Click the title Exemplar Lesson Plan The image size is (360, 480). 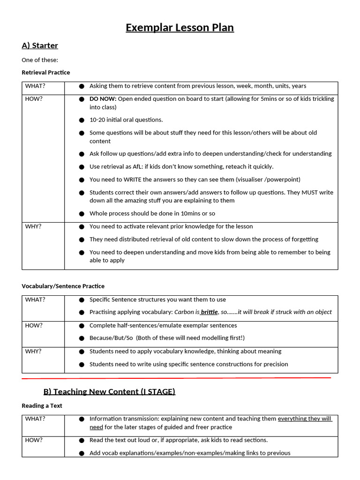pos(180,28)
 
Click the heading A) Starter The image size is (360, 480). pos(40,45)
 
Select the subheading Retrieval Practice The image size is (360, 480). pos(45,72)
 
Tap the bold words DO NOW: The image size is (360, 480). pos(103,99)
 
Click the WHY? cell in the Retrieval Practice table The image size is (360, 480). pos(33,226)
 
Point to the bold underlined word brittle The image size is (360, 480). pos(209,312)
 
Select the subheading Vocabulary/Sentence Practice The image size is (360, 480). pos(63,286)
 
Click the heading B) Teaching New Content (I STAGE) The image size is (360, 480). pos(109,391)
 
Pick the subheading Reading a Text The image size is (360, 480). pos(42,405)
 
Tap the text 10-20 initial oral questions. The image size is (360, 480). pos(126,120)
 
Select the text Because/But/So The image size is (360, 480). pos(111,338)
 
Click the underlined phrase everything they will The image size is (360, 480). pos(305,419)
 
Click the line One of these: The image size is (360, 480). pos(40,60)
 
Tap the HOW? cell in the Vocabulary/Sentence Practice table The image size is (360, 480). pos(34,325)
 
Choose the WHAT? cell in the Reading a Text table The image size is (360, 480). pos(35,419)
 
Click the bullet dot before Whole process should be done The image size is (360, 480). pos(82,214)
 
